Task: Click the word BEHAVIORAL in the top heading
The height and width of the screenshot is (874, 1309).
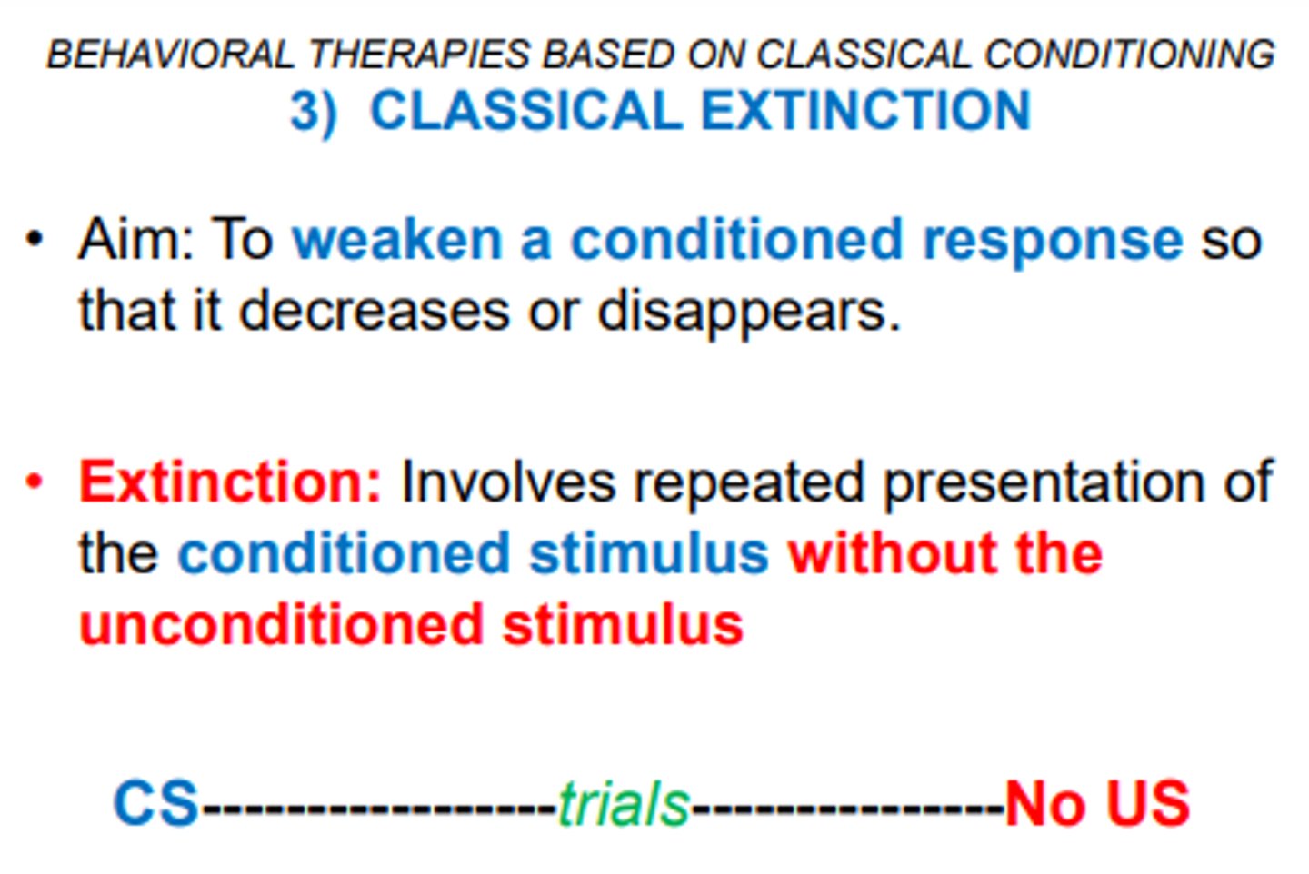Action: click(170, 55)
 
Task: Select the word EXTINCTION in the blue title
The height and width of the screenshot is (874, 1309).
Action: click(865, 111)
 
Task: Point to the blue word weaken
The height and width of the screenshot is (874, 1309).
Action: click(397, 240)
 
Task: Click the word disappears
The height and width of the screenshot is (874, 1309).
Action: click(748, 312)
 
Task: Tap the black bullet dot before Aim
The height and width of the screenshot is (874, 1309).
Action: click(35, 240)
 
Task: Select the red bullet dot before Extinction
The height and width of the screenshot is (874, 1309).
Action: click(35, 482)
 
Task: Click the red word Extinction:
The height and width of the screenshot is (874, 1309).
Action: click(229, 482)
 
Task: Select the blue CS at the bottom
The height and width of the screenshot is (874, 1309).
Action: click(155, 803)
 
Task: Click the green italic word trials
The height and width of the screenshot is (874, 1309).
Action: click(624, 804)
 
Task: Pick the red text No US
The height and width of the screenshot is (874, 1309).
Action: click(1097, 803)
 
